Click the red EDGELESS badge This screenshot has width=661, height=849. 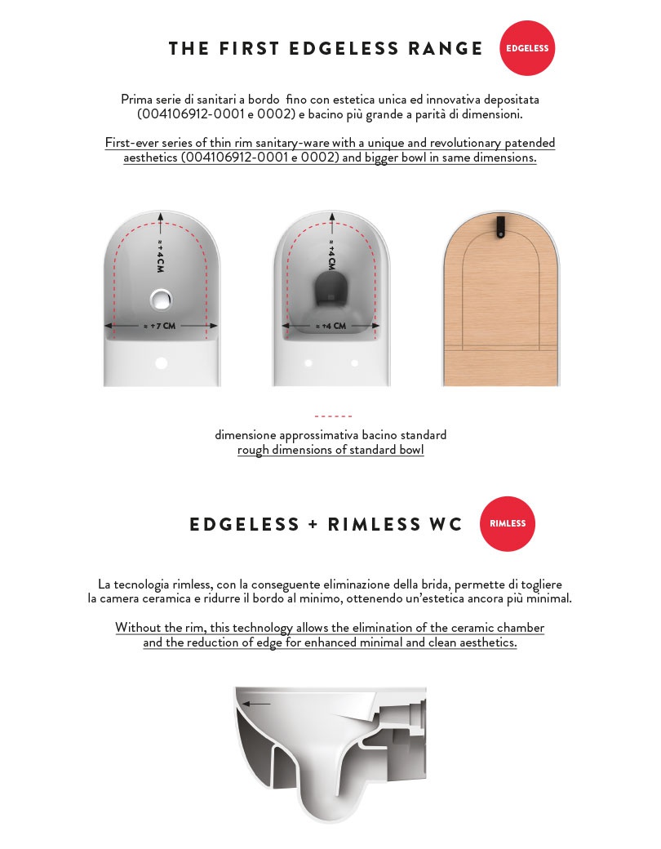click(x=527, y=48)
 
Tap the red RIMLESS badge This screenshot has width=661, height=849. click(x=508, y=523)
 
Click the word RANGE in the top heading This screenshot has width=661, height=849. click(x=446, y=49)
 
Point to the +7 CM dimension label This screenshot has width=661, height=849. click(x=161, y=326)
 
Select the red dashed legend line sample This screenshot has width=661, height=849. click(x=333, y=416)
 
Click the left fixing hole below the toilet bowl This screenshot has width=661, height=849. click(x=308, y=362)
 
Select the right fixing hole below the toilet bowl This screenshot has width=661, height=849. click(x=354, y=362)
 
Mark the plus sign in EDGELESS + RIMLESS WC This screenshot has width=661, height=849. click(x=313, y=524)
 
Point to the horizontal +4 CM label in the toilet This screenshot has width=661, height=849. click(x=330, y=326)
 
